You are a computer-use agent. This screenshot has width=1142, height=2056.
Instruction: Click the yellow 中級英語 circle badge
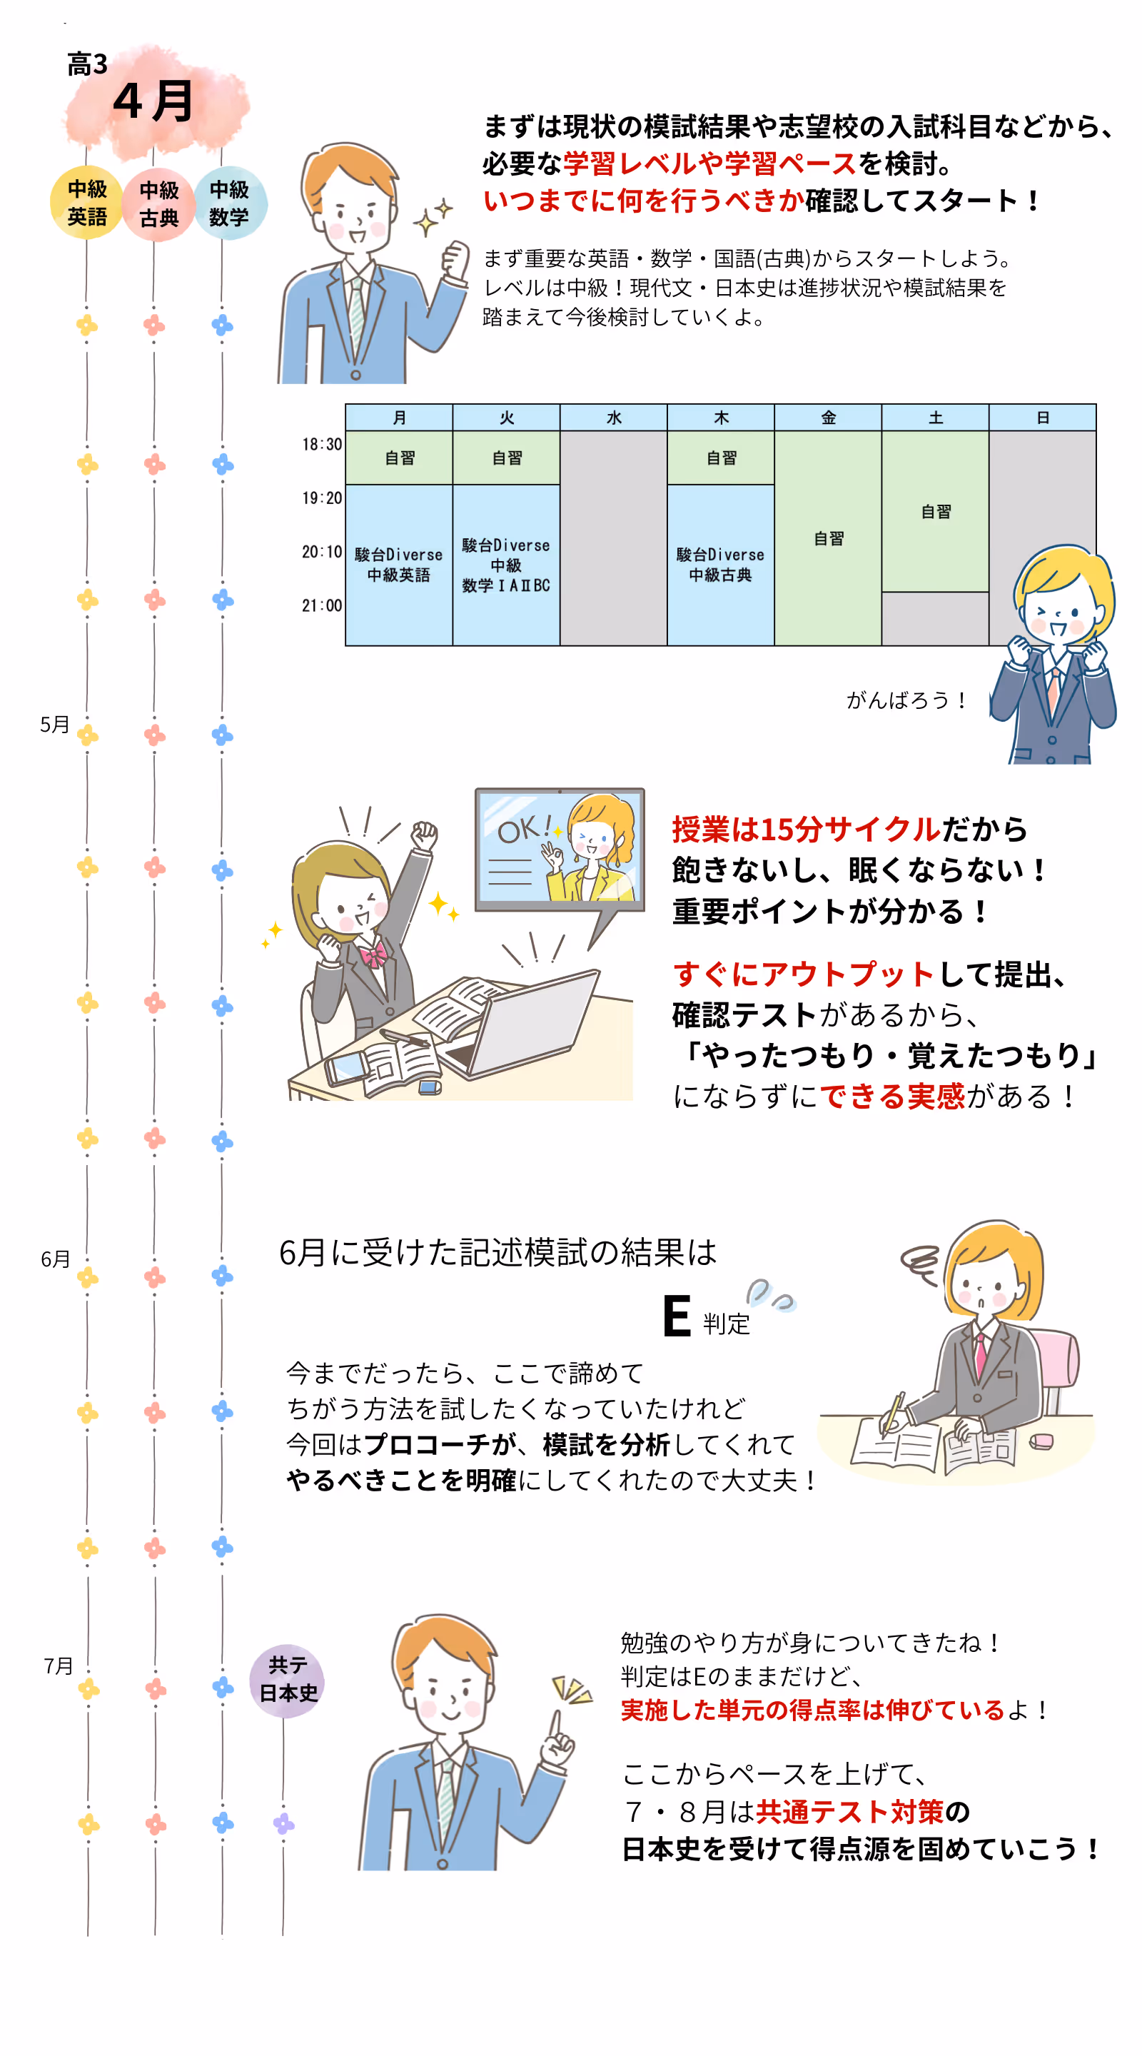(86, 203)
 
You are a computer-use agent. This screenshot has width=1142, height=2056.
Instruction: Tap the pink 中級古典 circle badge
(158, 204)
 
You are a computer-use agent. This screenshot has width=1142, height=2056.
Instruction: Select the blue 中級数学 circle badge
(230, 203)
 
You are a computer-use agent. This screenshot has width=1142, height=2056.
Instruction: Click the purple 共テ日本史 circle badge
(288, 1679)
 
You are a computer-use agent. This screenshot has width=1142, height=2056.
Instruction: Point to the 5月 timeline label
(55, 725)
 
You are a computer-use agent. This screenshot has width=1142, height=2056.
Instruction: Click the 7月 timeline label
(58, 1666)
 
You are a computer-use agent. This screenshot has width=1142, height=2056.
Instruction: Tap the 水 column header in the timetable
(614, 418)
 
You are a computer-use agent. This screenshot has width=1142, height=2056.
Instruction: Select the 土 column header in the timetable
(935, 418)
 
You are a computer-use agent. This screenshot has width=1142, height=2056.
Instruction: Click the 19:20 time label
(322, 498)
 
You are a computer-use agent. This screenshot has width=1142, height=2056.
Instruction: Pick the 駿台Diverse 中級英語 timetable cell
(398, 564)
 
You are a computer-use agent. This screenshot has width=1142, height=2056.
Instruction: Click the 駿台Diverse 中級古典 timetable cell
(720, 564)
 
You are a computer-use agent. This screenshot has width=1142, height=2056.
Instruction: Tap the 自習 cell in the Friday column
(829, 539)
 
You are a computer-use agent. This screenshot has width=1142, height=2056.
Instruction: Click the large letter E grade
(677, 1316)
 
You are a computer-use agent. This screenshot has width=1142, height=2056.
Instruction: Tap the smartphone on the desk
(346, 1067)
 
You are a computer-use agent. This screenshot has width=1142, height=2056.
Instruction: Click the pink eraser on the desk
(1041, 1441)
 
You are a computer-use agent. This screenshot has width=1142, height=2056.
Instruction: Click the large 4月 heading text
(153, 102)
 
